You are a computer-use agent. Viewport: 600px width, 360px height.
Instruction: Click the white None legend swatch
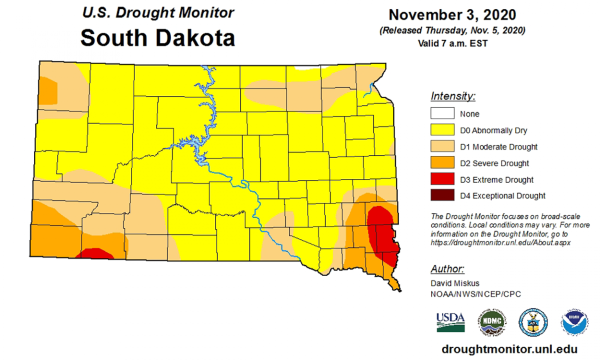(442, 114)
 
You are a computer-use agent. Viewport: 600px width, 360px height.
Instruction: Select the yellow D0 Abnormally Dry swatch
(442, 130)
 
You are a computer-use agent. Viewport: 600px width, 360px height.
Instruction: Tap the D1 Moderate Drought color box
(442, 147)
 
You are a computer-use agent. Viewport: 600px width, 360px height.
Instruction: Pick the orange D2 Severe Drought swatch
(442, 163)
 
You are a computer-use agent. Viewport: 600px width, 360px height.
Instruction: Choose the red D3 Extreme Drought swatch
(442, 179)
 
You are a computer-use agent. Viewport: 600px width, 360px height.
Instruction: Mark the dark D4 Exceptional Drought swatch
(442, 196)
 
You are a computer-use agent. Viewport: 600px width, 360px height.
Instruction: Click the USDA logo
(450, 321)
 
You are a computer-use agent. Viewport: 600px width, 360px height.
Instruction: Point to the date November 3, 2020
(452, 15)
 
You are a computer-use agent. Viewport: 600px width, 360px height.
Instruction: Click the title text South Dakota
(157, 37)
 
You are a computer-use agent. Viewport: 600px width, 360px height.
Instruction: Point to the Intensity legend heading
(453, 96)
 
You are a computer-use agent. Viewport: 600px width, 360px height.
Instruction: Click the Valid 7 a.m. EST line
(452, 43)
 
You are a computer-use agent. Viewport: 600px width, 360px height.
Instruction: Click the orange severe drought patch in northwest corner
(49, 91)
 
